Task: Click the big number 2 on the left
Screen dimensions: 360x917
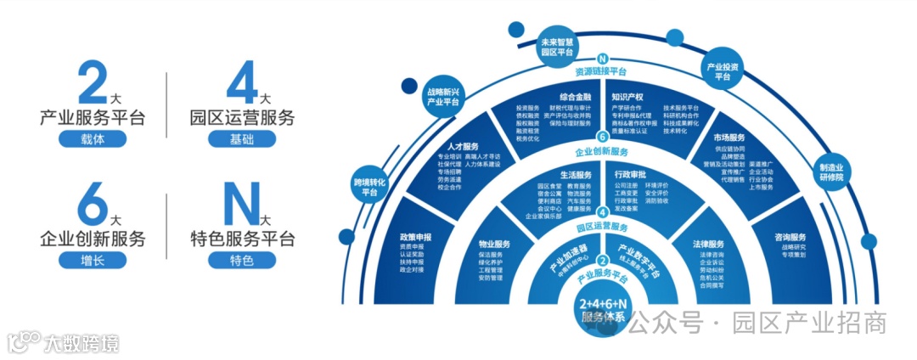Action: click(x=91, y=84)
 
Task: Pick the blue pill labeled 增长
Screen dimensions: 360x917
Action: click(x=93, y=261)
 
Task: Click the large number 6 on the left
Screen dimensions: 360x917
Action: click(x=91, y=205)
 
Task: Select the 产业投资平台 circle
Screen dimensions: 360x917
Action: click(x=723, y=71)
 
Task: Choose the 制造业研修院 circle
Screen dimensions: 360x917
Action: click(x=831, y=172)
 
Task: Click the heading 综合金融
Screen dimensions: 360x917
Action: click(x=575, y=97)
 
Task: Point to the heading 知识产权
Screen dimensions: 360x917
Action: click(x=628, y=97)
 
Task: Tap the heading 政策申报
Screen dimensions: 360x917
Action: click(x=415, y=236)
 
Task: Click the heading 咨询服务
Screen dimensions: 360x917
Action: click(x=790, y=237)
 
